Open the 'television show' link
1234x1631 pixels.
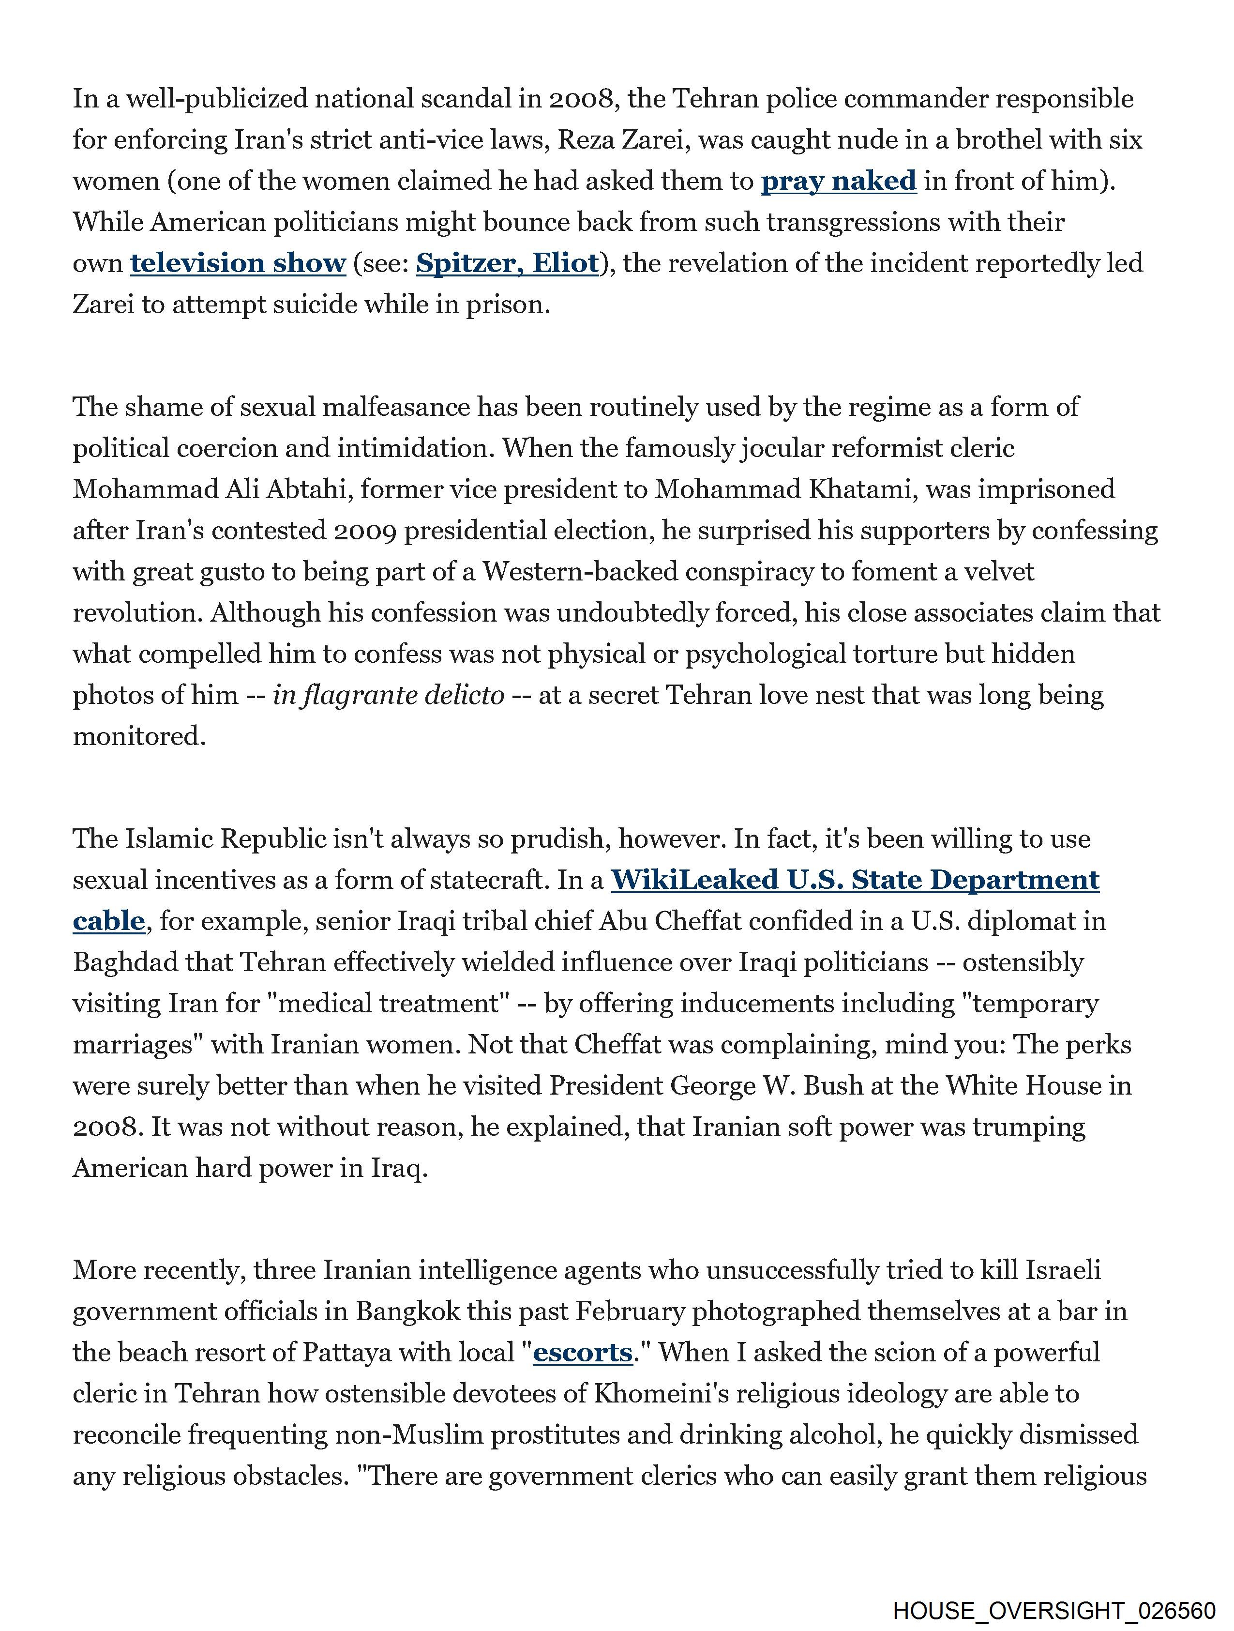238,263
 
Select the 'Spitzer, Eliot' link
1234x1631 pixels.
507,263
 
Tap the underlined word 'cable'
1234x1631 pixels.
108,921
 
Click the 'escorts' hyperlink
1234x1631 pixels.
582,1352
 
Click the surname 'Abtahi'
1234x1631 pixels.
306,489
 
